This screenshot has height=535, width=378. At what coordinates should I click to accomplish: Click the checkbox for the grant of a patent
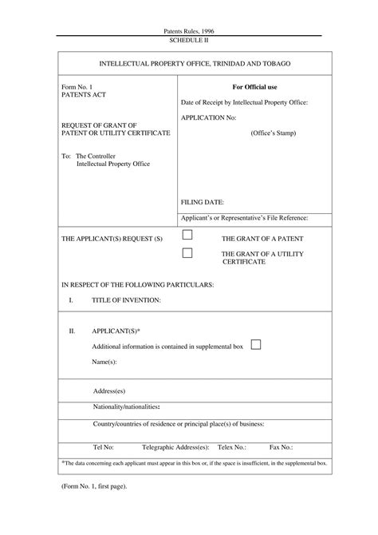187,235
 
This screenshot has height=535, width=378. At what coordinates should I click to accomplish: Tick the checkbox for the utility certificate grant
187,253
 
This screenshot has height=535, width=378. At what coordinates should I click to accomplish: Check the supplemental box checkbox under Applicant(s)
256,344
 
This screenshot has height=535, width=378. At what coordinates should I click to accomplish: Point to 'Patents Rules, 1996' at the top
188,30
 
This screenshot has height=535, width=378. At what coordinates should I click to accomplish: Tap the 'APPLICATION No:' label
209,117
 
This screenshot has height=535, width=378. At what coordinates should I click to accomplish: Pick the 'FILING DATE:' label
203,203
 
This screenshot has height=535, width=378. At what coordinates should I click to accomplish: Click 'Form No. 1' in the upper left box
77,85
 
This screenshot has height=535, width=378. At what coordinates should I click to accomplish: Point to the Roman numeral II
72,330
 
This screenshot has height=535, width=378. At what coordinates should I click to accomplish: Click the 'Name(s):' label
104,362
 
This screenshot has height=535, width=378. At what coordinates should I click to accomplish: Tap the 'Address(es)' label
110,391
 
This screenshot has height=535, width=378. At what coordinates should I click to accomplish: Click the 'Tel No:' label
104,448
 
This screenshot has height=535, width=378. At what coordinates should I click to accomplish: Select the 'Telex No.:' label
231,448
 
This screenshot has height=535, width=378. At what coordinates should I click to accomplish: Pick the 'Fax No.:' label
282,448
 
